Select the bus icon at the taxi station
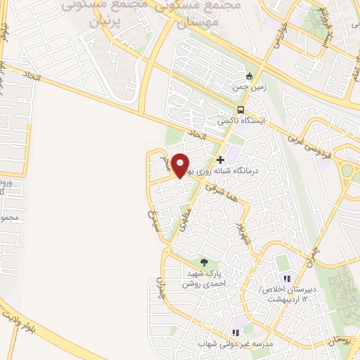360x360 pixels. point(241,110)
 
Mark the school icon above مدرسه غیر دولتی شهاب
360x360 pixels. point(236,333)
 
